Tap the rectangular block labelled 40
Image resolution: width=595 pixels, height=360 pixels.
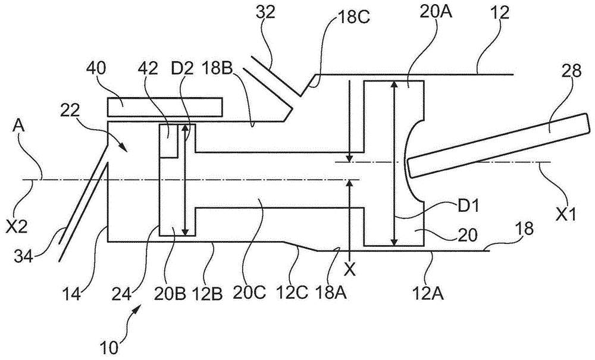pos(164,107)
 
